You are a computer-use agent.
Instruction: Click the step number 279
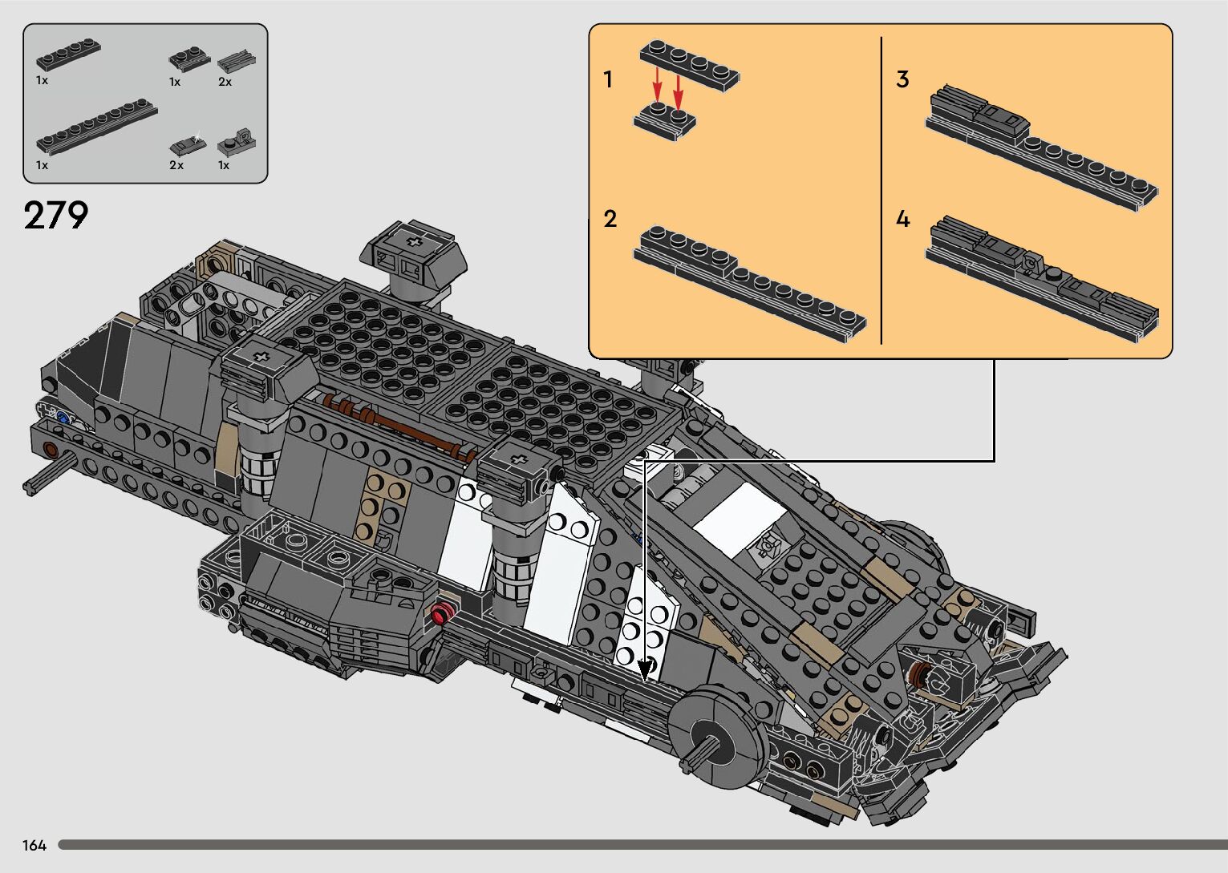click(55, 215)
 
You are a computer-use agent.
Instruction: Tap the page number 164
click(34, 845)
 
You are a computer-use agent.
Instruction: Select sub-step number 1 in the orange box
click(607, 79)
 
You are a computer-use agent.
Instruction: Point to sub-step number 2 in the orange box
click(610, 219)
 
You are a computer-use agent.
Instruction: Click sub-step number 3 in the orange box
click(902, 79)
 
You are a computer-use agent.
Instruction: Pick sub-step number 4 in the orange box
click(903, 219)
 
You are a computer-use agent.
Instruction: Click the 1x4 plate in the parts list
click(68, 55)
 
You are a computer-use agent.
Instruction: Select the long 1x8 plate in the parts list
click(97, 126)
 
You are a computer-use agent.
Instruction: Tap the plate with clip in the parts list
click(237, 141)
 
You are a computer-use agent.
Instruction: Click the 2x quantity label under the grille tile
click(225, 82)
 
